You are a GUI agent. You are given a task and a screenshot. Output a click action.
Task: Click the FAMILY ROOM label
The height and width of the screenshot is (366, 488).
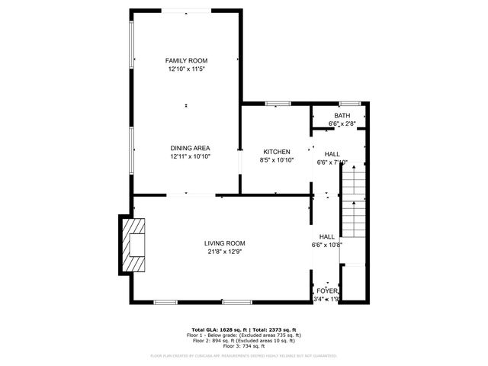click(187, 60)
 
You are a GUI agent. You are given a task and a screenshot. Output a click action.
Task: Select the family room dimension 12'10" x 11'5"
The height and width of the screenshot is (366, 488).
click(187, 69)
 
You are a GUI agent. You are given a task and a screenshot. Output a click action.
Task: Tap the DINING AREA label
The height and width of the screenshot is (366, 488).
click(190, 148)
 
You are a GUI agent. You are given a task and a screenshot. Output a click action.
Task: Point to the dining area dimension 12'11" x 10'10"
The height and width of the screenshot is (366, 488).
click(190, 157)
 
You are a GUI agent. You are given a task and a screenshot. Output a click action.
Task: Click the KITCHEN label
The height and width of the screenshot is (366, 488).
click(276, 152)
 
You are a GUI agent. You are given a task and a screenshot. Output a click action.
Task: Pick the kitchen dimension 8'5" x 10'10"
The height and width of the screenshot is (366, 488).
click(276, 161)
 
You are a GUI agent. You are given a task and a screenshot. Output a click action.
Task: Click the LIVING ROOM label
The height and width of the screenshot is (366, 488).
click(224, 243)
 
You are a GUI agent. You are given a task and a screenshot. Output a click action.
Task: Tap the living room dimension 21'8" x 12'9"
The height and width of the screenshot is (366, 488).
click(224, 252)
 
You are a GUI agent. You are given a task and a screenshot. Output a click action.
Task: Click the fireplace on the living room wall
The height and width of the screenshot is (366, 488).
click(134, 245)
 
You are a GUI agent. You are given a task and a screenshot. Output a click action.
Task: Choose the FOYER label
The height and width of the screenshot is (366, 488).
click(327, 291)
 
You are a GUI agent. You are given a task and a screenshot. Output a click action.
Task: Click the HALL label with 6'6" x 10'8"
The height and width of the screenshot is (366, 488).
click(327, 237)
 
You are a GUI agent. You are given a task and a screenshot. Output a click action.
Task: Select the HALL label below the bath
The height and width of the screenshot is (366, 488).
click(332, 153)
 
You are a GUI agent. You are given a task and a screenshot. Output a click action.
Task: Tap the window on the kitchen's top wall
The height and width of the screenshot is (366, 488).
click(278, 103)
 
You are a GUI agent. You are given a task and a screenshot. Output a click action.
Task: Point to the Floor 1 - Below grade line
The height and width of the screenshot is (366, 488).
click(243, 335)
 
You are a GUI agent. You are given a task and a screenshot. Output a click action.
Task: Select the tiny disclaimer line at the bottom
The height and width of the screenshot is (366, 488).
click(243, 355)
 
